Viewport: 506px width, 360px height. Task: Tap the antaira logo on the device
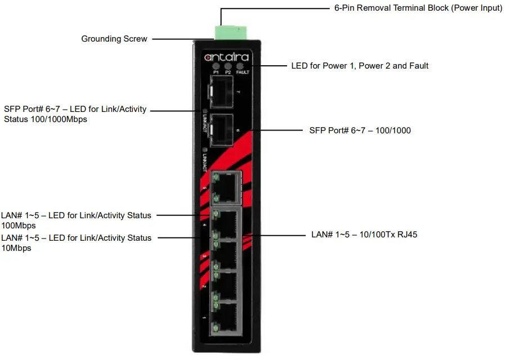click(226, 57)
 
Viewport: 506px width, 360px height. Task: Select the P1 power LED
click(216, 66)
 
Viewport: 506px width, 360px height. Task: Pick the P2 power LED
click(228, 66)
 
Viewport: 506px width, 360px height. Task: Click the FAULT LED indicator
click(242, 66)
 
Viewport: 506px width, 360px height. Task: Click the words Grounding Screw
click(114, 39)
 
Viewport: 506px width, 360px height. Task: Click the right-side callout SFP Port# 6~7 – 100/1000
click(360, 130)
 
